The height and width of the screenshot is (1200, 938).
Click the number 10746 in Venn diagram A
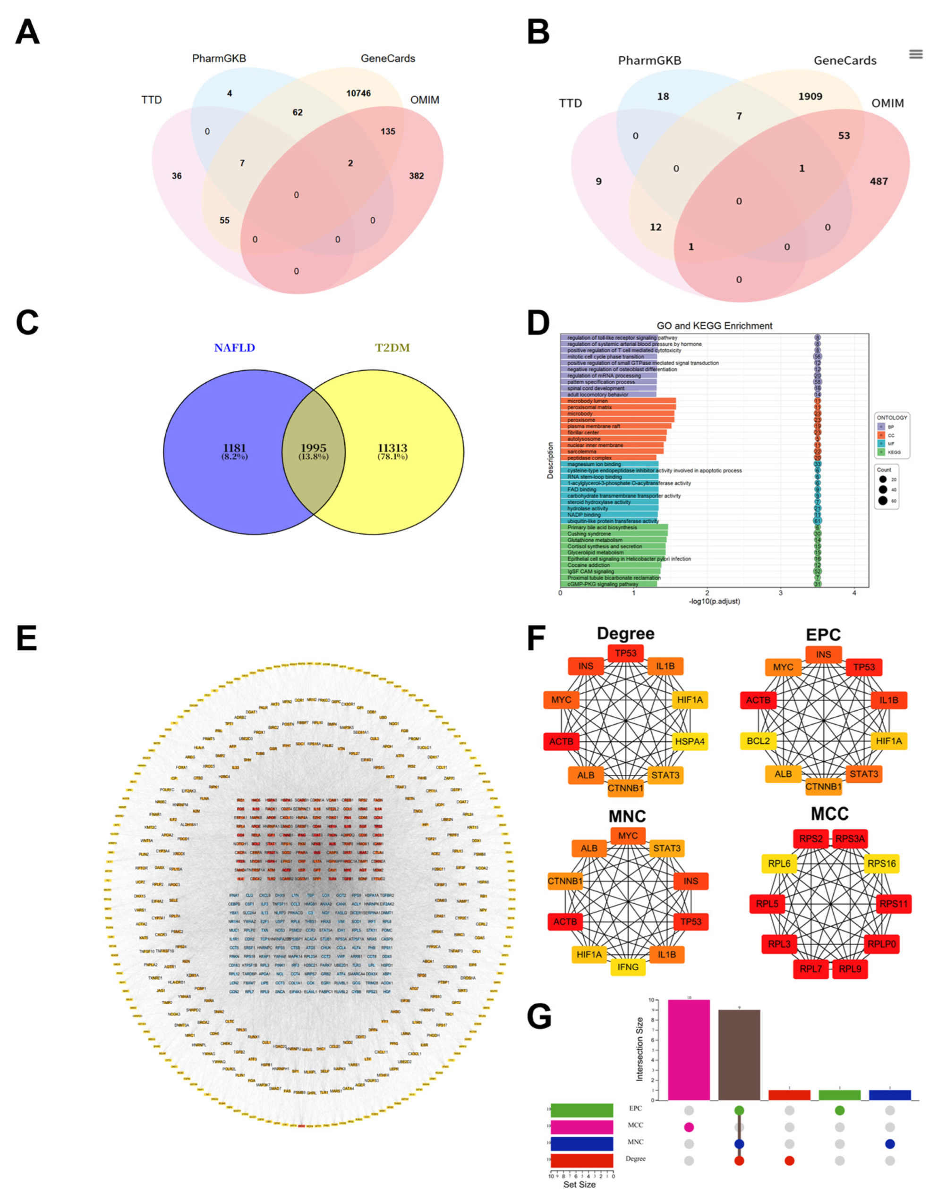[x=358, y=93]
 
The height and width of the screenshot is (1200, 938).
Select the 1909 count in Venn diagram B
[x=810, y=97]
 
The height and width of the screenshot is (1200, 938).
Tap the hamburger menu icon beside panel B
[x=915, y=54]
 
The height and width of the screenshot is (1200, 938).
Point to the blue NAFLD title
[x=235, y=348]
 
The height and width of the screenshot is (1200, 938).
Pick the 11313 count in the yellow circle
[x=392, y=448]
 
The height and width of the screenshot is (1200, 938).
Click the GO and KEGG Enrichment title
[x=714, y=326]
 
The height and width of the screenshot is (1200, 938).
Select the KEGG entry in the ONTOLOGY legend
[x=894, y=452]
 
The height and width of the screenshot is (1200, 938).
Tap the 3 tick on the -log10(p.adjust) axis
[x=781, y=593]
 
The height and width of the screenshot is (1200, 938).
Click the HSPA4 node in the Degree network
[x=690, y=741]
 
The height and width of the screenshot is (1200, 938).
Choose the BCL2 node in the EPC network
[x=758, y=741]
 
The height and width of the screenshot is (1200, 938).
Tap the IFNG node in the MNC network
[x=628, y=982]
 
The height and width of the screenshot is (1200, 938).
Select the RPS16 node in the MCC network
[x=881, y=863]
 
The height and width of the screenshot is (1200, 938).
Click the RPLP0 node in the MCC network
[x=882, y=944]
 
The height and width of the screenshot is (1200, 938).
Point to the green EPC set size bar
[x=582, y=1110]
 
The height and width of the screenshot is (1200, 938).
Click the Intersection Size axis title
[x=640, y=1049]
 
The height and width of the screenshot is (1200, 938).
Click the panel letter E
[x=26, y=639]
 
